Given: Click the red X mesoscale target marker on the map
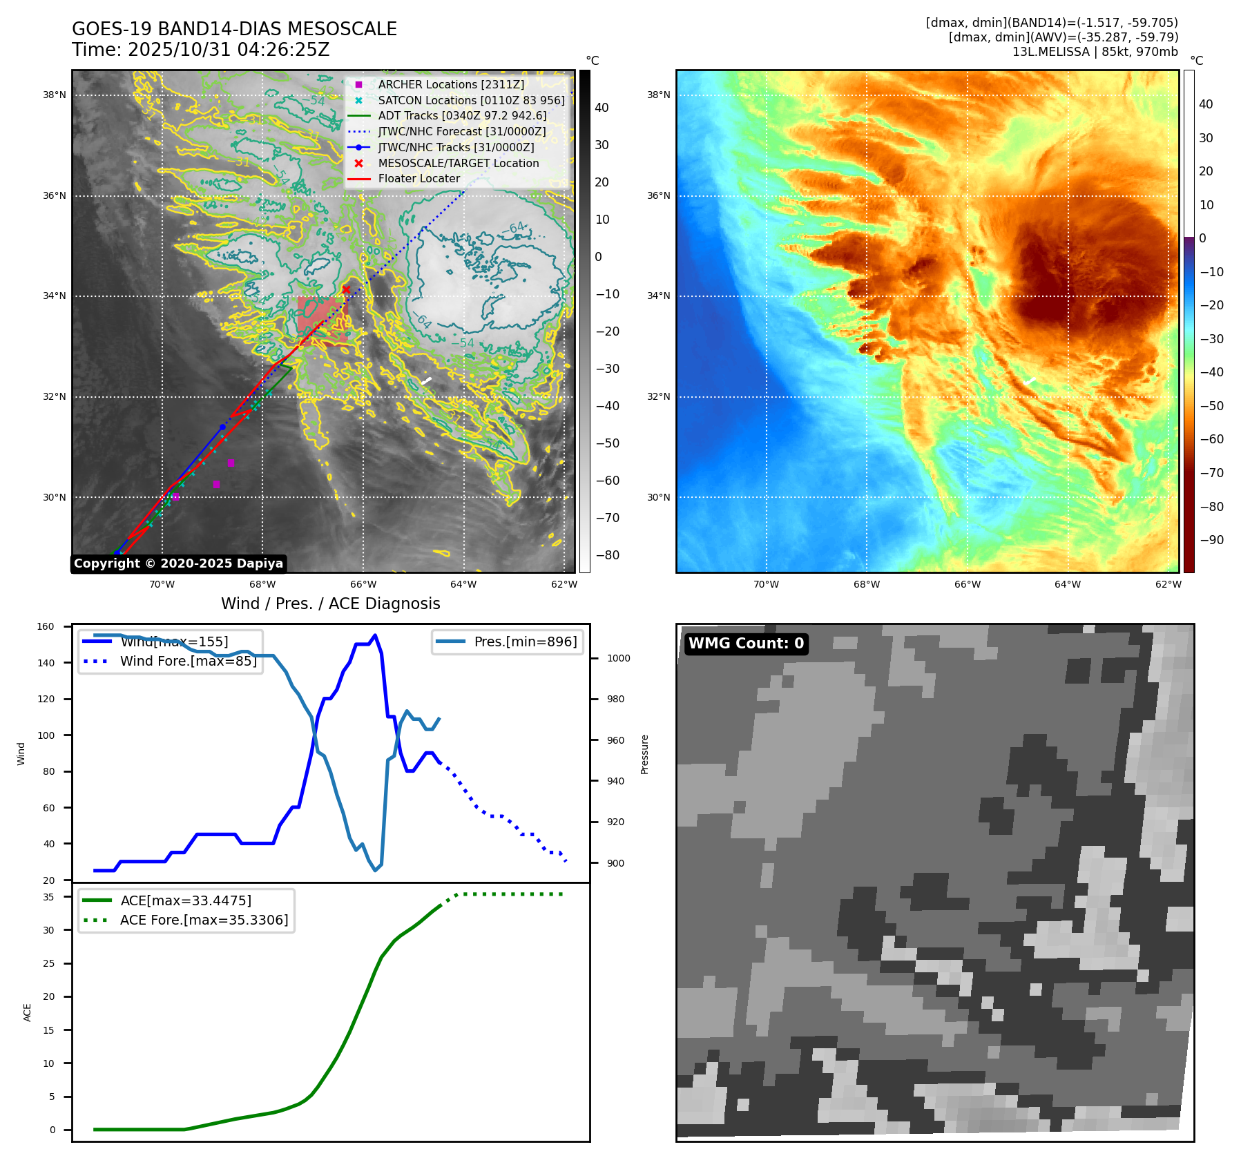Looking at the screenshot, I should pyautogui.click(x=346, y=289).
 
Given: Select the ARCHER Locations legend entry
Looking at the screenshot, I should pyautogui.click(x=450, y=84).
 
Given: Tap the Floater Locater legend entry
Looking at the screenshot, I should pyautogui.click(x=419, y=178).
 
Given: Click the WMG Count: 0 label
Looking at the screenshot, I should pyautogui.click(x=746, y=644).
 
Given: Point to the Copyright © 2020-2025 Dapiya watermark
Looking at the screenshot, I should pyautogui.click(x=178, y=563).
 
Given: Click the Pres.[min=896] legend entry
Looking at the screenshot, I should pyautogui.click(x=525, y=642).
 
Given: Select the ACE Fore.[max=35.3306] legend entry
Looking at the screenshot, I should pyautogui.click(x=204, y=920).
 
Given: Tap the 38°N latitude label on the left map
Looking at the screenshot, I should pyautogui.click(x=55, y=95).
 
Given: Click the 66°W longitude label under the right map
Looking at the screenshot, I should pyautogui.click(x=967, y=584).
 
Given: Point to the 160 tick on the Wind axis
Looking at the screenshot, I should pyautogui.click(x=46, y=627).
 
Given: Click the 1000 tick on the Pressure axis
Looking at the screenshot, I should pyautogui.click(x=618, y=658).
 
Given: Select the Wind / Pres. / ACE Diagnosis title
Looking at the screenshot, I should pyautogui.click(x=330, y=604).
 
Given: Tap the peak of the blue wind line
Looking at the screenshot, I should pyautogui.click(x=375, y=635).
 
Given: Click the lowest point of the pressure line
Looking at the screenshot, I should pyautogui.click(x=376, y=870).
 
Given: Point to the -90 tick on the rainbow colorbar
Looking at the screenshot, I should pyautogui.click(x=1211, y=540).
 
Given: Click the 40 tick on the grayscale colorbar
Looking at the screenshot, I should pyautogui.click(x=602, y=108).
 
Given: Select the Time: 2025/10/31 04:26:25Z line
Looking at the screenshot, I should pyautogui.click(x=200, y=50).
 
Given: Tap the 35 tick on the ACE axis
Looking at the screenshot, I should pyautogui.click(x=48, y=897).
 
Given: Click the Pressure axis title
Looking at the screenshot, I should pyautogui.click(x=644, y=754).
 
